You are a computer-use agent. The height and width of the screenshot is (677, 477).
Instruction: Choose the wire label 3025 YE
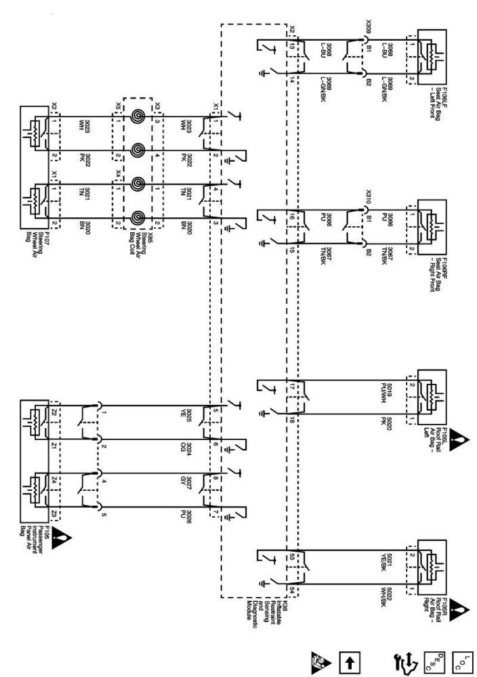click(x=191, y=414)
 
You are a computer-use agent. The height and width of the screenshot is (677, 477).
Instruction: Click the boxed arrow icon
click(x=352, y=659)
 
